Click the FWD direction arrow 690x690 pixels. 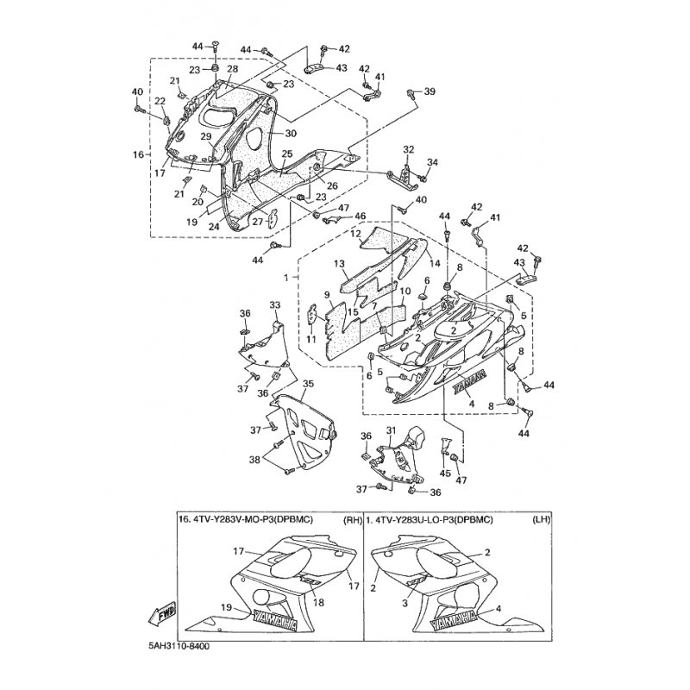166,616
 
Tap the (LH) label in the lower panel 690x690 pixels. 517,520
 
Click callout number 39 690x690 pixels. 429,91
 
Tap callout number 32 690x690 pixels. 408,148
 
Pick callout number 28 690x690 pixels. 232,68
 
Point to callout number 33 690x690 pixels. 275,305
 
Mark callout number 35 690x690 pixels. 308,383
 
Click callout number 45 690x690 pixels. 445,473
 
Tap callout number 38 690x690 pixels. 254,461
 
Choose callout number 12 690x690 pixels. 355,234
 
